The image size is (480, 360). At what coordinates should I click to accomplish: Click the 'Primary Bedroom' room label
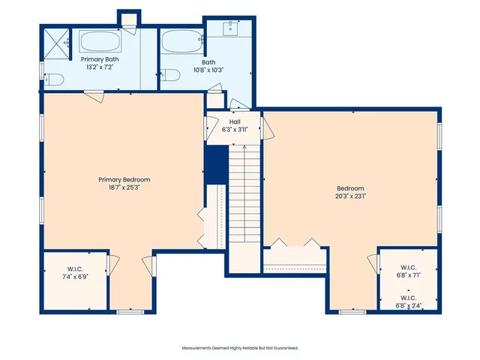(x=124, y=179)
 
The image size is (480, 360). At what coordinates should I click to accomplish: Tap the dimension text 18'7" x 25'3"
(x=124, y=187)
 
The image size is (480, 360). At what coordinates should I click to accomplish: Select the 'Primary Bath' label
(x=100, y=58)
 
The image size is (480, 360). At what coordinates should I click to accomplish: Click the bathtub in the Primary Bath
(x=99, y=41)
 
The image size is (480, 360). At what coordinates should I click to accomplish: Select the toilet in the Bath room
(x=170, y=76)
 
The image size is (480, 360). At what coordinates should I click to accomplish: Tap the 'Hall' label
(x=235, y=121)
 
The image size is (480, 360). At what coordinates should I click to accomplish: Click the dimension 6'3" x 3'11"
(x=235, y=129)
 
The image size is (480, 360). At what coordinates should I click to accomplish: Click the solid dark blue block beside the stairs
(x=216, y=163)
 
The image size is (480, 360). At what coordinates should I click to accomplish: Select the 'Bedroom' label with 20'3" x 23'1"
(x=350, y=187)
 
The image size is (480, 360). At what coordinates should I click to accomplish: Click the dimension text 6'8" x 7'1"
(x=409, y=275)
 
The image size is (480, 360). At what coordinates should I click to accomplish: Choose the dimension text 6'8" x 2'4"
(x=409, y=305)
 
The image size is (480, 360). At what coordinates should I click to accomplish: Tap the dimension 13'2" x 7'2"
(x=100, y=66)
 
